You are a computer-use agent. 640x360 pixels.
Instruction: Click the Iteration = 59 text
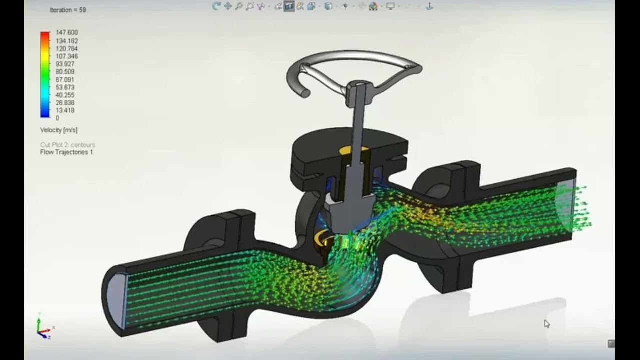click(67, 10)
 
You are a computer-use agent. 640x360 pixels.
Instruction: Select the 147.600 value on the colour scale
click(67, 33)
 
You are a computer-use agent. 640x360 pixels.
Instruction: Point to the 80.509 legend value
click(65, 72)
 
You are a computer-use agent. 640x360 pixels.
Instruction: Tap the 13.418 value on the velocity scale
click(65, 110)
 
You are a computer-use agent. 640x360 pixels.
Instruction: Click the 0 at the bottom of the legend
click(57, 118)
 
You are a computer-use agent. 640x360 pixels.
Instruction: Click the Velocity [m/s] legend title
click(59, 130)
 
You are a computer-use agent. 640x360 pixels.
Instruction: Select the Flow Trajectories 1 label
click(66, 152)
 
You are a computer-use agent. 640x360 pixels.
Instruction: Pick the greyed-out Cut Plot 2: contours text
click(67, 145)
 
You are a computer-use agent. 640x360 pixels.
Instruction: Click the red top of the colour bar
click(45, 35)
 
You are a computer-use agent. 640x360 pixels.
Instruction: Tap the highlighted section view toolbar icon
click(289, 6)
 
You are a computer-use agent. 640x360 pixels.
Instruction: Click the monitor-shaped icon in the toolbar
click(390, 6)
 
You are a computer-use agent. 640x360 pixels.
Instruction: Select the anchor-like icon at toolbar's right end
click(429, 6)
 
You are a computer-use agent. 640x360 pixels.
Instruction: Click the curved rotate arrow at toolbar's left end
click(216, 6)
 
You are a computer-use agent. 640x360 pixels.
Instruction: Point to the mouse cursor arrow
click(546, 324)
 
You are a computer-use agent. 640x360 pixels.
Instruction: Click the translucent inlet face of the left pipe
click(116, 297)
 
